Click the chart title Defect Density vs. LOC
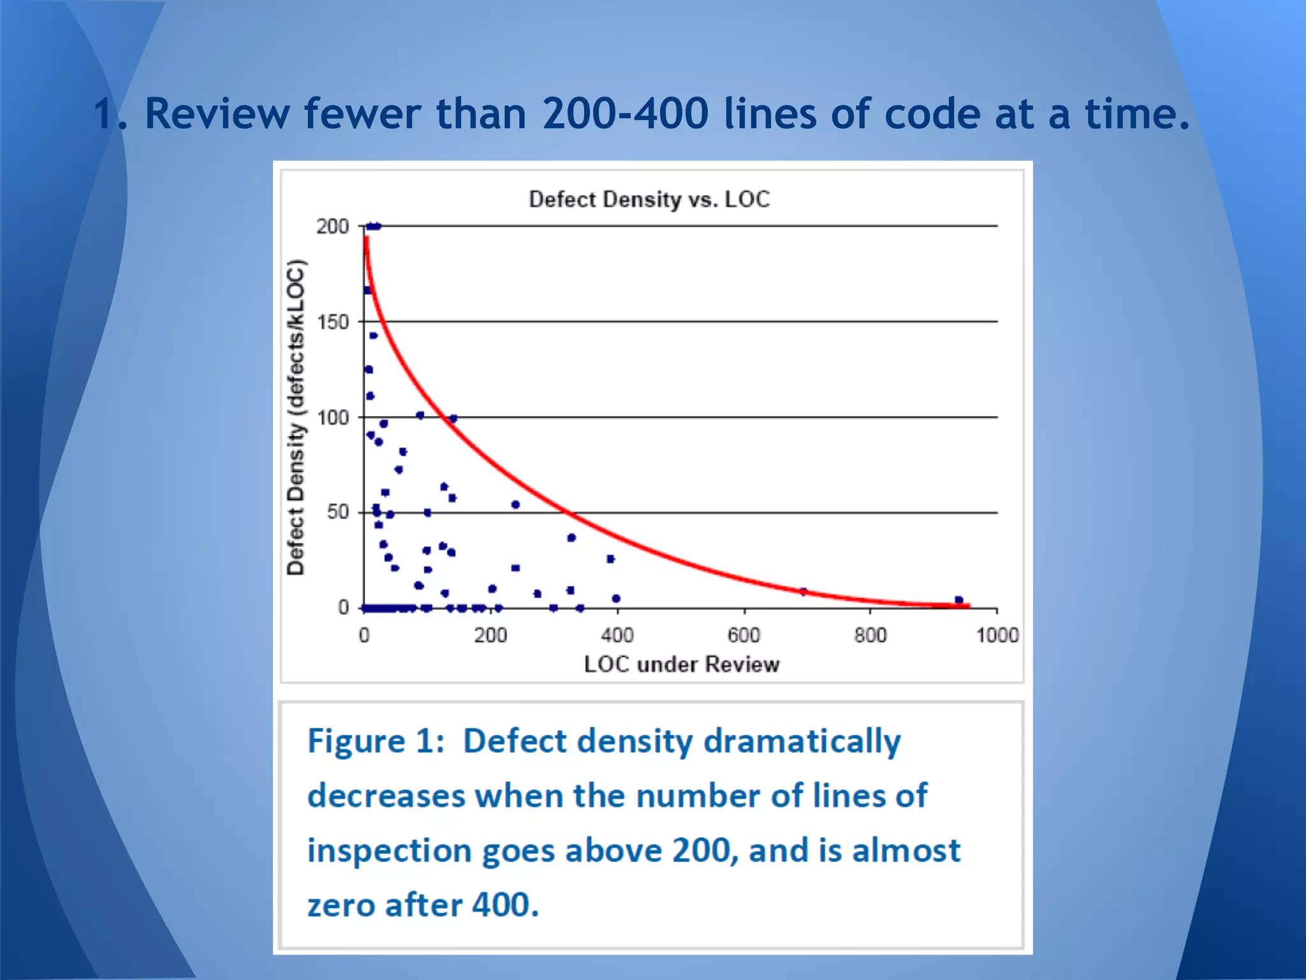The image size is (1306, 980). coord(649,200)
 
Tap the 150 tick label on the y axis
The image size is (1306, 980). coord(333,322)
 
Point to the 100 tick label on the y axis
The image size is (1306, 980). coord(333,418)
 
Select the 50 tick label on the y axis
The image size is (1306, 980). coord(338,512)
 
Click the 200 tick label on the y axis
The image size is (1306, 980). coord(333,226)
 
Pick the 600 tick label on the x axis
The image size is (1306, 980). coord(744,635)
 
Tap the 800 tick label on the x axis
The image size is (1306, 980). coord(870,635)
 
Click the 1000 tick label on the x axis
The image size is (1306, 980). coord(997,635)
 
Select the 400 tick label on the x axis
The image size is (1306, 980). coord(617,635)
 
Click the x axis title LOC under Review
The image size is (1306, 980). coord(681,665)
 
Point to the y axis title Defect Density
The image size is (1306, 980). coord(295,418)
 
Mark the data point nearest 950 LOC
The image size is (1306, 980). coord(959,600)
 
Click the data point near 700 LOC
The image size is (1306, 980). coord(803,591)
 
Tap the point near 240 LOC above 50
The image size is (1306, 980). coord(515,505)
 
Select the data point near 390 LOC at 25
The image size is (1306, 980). coord(610,559)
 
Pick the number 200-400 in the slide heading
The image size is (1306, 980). coord(625,114)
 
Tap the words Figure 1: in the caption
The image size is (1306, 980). coord(376,741)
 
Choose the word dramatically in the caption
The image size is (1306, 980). coord(802,741)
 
